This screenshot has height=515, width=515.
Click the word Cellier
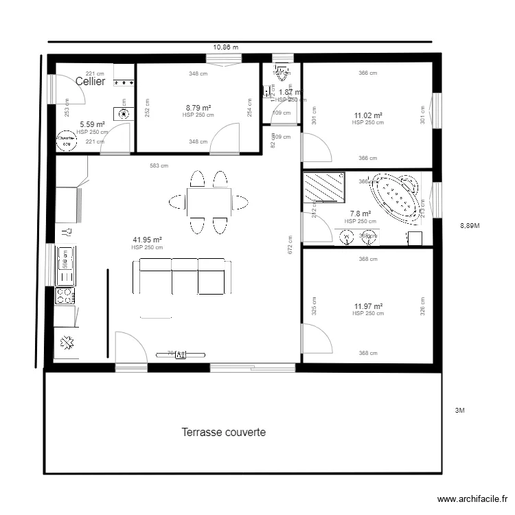coord(91,81)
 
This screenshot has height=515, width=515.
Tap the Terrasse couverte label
coord(224,433)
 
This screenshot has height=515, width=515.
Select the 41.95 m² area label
coord(147,240)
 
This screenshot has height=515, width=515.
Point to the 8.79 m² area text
coord(198,108)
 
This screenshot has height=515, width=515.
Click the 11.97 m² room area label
coord(368,306)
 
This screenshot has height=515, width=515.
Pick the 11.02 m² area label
coord(368,115)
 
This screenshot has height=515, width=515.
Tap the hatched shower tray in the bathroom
coord(325,186)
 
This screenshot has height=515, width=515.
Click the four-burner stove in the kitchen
coord(65,296)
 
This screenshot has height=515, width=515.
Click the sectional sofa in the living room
coord(183,276)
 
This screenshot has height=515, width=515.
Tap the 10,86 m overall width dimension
coord(225,47)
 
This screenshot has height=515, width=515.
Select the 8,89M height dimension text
coord(470,225)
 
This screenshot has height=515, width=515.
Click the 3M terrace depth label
coord(460,411)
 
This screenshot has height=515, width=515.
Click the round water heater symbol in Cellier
coord(67,141)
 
